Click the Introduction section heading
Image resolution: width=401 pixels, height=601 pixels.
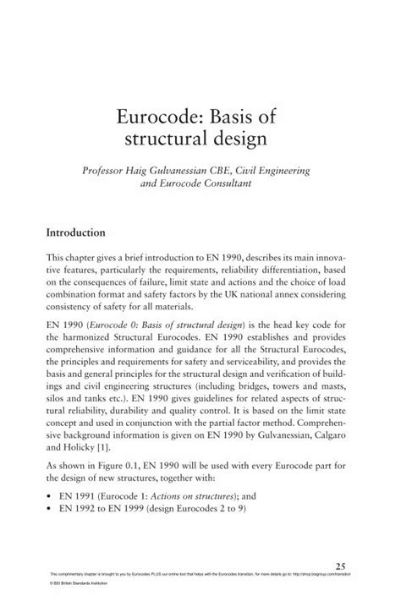(x=75, y=232)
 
